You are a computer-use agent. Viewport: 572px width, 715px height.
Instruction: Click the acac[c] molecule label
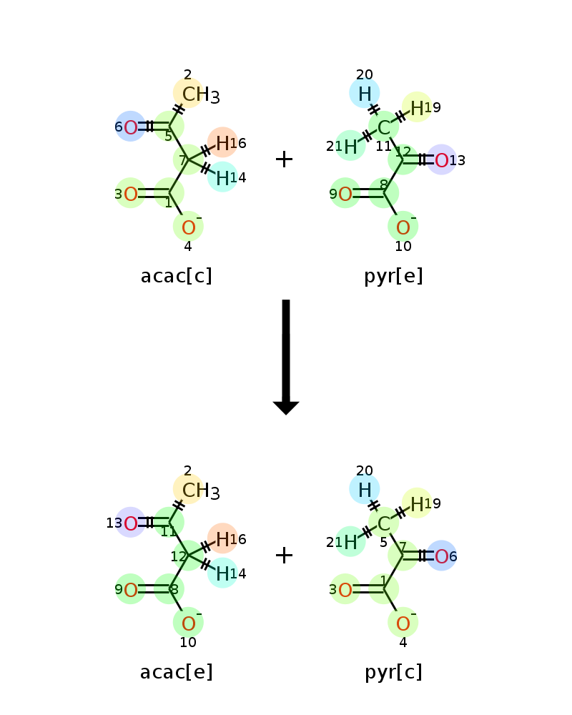(x=177, y=276)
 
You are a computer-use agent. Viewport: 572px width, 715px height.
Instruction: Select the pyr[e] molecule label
(x=393, y=276)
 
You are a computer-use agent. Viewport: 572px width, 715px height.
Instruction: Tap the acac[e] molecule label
(x=177, y=672)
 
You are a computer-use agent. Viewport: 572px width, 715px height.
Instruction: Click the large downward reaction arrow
(x=286, y=357)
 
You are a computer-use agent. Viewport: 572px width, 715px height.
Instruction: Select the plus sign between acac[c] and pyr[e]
(x=284, y=159)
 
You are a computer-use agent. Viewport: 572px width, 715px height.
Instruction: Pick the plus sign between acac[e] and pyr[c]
(x=284, y=556)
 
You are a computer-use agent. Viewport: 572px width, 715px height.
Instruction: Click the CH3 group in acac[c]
(x=201, y=94)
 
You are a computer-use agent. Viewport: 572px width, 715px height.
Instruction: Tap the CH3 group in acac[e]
(x=201, y=490)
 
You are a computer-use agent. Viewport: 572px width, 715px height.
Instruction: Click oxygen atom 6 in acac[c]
(x=130, y=127)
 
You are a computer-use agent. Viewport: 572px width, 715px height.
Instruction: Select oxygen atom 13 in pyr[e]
(x=442, y=160)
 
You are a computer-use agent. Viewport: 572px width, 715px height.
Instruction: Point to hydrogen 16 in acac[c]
(x=222, y=143)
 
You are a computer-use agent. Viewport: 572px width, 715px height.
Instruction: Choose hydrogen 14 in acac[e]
(x=222, y=573)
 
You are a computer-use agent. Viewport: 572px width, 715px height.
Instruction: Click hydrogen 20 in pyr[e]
(x=365, y=94)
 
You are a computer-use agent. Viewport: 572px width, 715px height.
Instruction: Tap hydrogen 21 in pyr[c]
(x=350, y=543)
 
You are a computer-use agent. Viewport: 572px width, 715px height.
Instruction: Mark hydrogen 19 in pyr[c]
(x=417, y=504)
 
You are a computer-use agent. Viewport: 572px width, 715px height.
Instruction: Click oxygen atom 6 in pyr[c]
(x=442, y=556)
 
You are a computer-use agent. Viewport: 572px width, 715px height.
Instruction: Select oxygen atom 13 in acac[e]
(x=130, y=523)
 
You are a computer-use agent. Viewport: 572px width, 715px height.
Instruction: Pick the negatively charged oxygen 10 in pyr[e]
(x=403, y=227)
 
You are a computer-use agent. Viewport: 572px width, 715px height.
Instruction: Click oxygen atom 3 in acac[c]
(x=130, y=194)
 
